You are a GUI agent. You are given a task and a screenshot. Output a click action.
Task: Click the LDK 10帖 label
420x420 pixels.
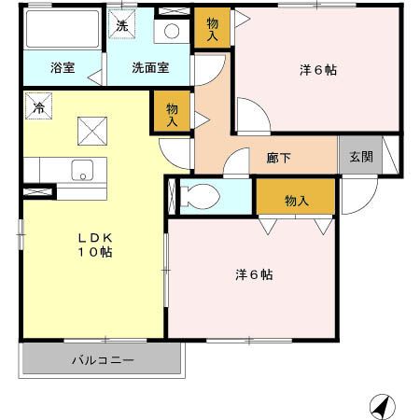[x=94, y=245]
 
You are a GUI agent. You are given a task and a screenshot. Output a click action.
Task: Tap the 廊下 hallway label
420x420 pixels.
[x=278, y=158]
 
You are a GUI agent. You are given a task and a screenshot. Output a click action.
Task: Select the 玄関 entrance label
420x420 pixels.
[x=360, y=157]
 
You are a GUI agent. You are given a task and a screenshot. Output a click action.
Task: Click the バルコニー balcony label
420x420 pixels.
[x=103, y=360]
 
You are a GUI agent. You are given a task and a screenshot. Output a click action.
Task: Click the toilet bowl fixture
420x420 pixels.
[x=201, y=196]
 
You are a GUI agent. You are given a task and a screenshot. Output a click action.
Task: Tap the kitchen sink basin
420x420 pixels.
[x=82, y=171]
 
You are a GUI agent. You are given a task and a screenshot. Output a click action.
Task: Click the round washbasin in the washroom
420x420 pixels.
[x=172, y=31]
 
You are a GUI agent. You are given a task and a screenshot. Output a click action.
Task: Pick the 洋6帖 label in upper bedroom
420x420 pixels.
[x=317, y=70]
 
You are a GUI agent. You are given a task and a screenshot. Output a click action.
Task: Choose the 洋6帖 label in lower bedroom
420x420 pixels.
[x=253, y=275]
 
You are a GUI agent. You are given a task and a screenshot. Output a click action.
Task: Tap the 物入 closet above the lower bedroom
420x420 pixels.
[x=297, y=201]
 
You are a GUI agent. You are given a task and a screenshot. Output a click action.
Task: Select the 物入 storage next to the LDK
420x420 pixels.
[x=173, y=114]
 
